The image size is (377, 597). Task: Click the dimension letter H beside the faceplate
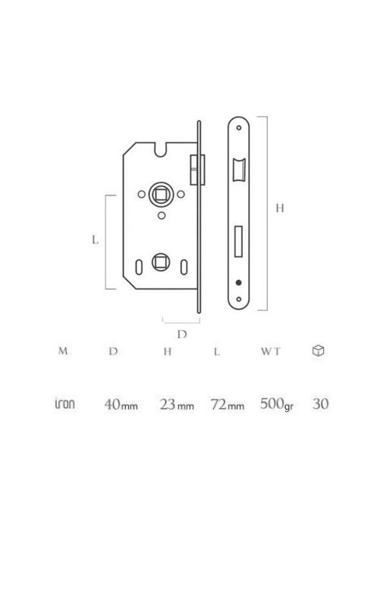[279, 209]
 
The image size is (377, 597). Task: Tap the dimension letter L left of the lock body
[96, 240]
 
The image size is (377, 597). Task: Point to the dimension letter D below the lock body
[182, 334]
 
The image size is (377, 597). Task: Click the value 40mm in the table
[121, 404]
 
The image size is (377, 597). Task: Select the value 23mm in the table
[177, 404]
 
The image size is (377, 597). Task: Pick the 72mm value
[228, 404]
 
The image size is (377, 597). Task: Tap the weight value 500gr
[277, 404]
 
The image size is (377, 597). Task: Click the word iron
[64, 404]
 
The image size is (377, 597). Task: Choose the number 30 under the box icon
[320, 404]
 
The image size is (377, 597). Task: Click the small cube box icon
[318, 350]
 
